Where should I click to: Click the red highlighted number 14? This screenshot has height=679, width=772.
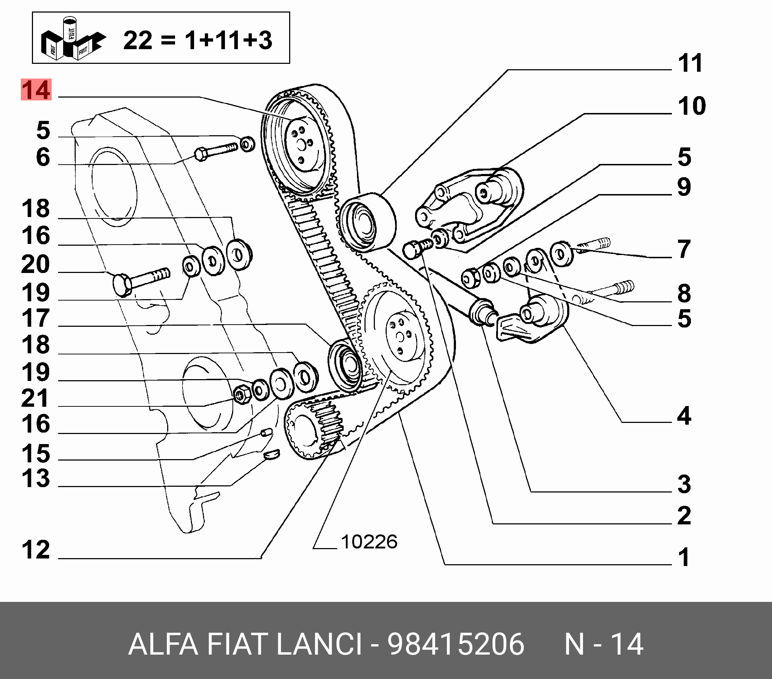pos(36,90)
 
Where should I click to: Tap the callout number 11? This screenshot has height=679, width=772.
pos(690,63)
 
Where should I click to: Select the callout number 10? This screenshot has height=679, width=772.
pos(692,106)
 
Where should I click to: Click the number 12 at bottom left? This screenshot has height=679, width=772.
pos(36,550)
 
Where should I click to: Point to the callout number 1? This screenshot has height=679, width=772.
pos(684,557)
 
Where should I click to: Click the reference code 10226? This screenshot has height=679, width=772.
pos(369,542)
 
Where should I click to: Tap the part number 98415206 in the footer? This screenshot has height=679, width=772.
pos(456,644)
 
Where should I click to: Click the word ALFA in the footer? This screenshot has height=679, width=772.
pos(163,644)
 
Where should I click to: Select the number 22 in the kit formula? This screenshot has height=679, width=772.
pos(137,41)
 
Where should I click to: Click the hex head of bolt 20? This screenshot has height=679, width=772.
pos(122,286)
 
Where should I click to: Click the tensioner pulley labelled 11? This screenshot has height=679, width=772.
pos(365,223)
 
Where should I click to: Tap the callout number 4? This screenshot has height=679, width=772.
pos(684,416)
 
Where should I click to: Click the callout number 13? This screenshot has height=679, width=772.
pos(36,478)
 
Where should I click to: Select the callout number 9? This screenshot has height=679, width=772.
pos(684,187)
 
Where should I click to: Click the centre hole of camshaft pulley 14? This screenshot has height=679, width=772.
pos(301,144)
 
